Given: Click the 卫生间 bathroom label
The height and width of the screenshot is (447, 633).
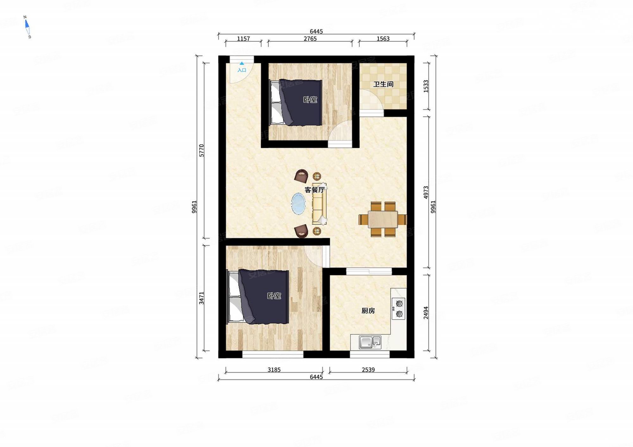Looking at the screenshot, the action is click(x=383, y=84).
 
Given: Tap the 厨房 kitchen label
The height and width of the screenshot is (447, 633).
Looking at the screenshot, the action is click(x=368, y=311).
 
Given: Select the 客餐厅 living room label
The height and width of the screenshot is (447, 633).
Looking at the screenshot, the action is click(x=314, y=190).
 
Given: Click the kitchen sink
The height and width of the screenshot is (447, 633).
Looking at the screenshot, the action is click(x=370, y=342).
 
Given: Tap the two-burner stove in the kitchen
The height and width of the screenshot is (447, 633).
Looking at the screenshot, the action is click(x=399, y=309).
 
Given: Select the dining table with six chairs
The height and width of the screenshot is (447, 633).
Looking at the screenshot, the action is click(x=383, y=219).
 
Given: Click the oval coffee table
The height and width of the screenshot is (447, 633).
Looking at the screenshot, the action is click(x=298, y=204).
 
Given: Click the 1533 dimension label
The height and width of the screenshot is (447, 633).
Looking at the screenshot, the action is click(x=426, y=86).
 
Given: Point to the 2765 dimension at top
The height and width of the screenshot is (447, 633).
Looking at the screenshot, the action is click(x=310, y=39).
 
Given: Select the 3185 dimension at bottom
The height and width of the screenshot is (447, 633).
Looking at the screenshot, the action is click(x=274, y=369).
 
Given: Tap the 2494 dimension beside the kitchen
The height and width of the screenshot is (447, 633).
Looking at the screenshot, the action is click(x=426, y=313).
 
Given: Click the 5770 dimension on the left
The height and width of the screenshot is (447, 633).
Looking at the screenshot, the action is click(x=202, y=151).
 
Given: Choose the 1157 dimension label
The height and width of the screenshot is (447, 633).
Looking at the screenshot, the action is click(x=243, y=39).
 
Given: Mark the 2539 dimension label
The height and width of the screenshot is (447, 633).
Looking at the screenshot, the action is click(x=368, y=369).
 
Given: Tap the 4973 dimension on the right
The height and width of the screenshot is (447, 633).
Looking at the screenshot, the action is click(x=426, y=192).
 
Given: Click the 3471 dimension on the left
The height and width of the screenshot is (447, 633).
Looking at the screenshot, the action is click(x=202, y=298).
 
